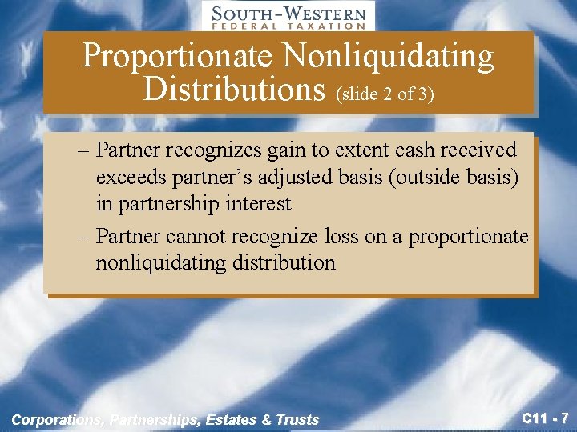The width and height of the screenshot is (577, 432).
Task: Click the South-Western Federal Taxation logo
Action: click(x=288, y=16)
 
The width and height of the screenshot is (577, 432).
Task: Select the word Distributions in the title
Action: click(x=232, y=89)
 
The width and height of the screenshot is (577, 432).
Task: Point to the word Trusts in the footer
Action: click(x=297, y=419)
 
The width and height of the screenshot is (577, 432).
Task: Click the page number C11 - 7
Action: click(x=546, y=418)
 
